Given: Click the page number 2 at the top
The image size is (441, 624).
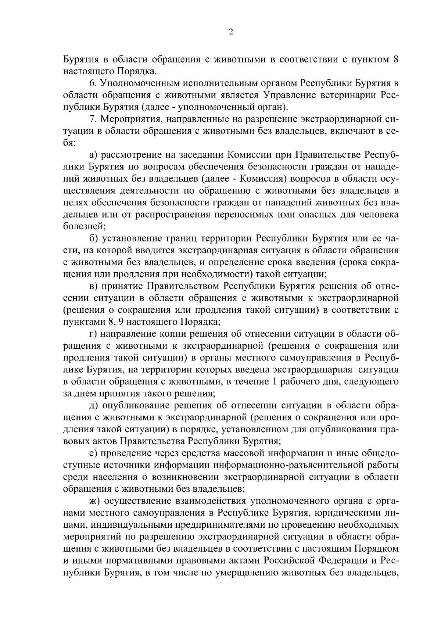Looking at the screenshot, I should coord(230,32).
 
